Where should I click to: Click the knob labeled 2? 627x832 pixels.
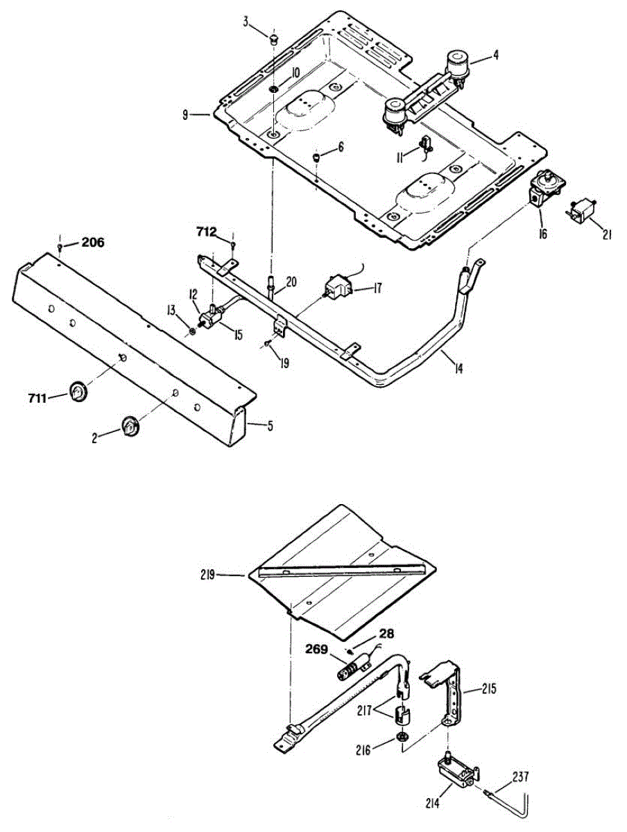pos(130,426)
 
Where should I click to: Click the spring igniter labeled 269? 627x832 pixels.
pos(353,670)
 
